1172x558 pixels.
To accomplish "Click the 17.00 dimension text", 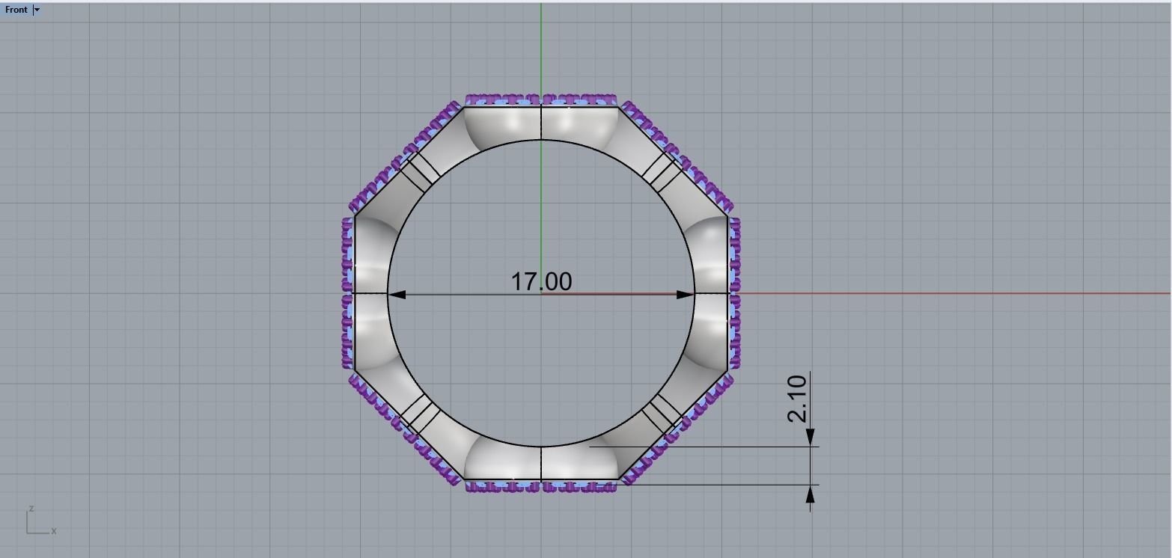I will click(x=541, y=281).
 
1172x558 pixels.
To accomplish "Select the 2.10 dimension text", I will click(x=798, y=399).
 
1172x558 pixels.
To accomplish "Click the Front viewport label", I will click(x=16, y=10).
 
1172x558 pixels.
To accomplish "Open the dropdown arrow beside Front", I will click(x=37, y=10).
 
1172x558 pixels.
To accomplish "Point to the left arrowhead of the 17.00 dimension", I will click(x=397, y=295).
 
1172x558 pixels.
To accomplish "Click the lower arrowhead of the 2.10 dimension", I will click(x=811, y=494).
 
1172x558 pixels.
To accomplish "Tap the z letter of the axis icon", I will click(x=31, y=509).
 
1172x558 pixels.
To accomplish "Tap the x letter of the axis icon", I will click(x=54, y=531).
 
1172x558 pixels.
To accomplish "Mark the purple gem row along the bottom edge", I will click(x=540, y=487).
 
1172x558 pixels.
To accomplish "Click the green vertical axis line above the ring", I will click(x=541, y=45).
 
